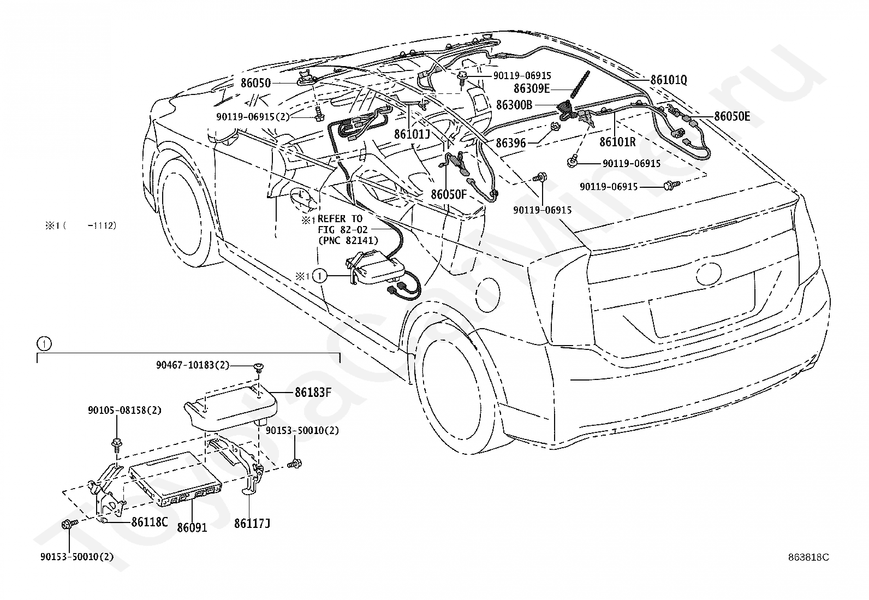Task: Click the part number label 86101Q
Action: coord(669,80)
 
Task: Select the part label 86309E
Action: coord(532,88)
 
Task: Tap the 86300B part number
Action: coord(514,105)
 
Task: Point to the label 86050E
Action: coord(732,116)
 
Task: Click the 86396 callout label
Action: coord(510,143)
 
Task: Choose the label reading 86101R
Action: coord(617,142)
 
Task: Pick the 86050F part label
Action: coord(449,194)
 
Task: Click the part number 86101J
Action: coord(412,134)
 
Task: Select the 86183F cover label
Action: coord(313,393)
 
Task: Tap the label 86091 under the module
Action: coord(192,528)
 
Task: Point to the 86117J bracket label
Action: coord(252,524)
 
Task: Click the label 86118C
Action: coord(150,522)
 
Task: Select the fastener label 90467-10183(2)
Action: coord(193,365)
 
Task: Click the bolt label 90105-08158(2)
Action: coord(124,410)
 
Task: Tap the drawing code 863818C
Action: coord(808,557)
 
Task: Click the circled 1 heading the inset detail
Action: coord(44,344)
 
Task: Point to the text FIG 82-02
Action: coord(342,230)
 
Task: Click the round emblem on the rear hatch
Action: coord(709,274)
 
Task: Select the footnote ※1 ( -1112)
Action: coord(81,225)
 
